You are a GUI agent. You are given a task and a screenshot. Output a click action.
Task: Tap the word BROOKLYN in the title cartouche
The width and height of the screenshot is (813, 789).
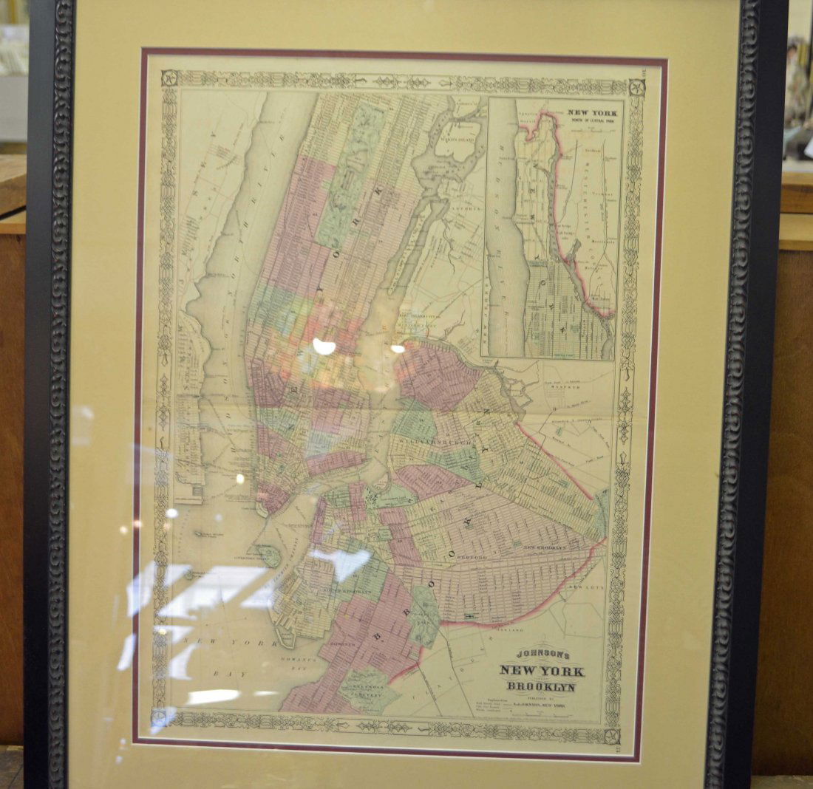(542, 687)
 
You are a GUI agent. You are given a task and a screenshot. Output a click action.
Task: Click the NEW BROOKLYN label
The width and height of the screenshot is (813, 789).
(545, 547)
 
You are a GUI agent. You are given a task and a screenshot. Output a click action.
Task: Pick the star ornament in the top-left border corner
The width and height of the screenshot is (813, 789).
(170, 78)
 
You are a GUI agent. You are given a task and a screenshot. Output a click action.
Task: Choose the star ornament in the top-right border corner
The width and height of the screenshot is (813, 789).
(636, 87)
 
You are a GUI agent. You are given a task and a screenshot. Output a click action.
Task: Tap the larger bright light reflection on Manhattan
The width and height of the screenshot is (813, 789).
(323, 346)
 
